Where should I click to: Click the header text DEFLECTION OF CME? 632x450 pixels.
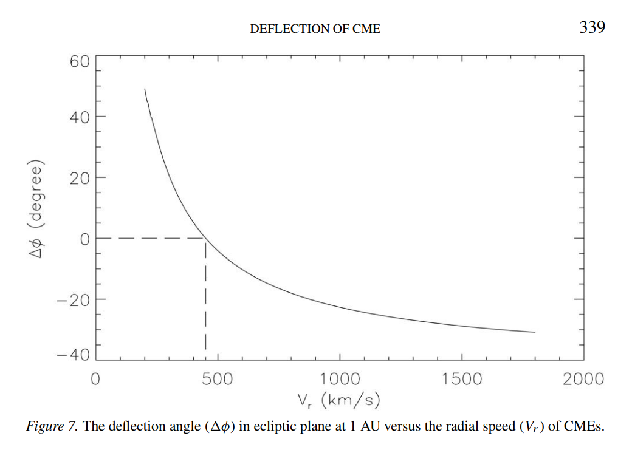pyautogui.click(x=315, y=29)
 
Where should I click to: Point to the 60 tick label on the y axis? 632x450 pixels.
pyautogui.click(x=80, y=61)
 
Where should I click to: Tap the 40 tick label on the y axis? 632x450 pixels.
pyautogui.click(x=80, y=117)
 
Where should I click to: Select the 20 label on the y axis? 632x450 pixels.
pyautogui.click(x=80, y=178)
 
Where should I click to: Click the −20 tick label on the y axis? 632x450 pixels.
pyautogui.click(x=74, y=300)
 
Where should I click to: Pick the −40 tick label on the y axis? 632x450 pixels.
pyautogui.click(x=74, y=355)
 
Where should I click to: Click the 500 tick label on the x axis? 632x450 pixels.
pyautogui.click(x=218, y=380)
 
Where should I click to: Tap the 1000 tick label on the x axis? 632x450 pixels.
pyautogui.click(x=340, y=380)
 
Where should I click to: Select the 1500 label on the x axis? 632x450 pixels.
pyautogui.click(x=461, y=380)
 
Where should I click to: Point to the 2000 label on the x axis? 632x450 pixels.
pyautogui.click(x=583, y=380)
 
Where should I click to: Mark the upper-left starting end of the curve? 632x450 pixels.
pyautogui.click(x=145, y=89)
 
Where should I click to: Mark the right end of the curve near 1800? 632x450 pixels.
pyautogui.click(x=535, y=332)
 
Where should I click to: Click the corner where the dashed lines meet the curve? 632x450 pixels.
pyautogui.click(x=206, y=239)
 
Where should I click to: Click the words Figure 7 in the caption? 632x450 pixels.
pyautogui.click(x=52, y=426)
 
